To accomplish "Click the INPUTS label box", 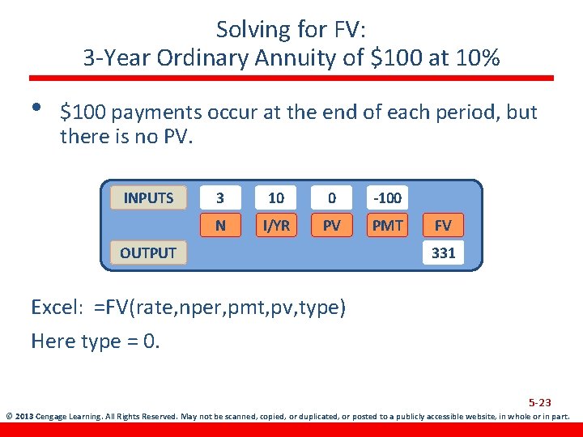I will tap(148, 197).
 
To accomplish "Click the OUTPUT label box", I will tap(148, 252).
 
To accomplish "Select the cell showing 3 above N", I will tap(221, 197).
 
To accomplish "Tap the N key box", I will tap(221, 225).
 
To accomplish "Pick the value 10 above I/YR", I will tap(276, 197).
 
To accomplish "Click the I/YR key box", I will tap(276, 225).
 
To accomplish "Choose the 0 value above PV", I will tap(331, 197).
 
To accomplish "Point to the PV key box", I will tap(331, 225).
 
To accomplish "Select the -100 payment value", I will tap(387, 197).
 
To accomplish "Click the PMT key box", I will tap(387, 225).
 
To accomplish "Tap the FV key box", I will tap(443, 225).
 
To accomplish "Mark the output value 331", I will tap(443, 252).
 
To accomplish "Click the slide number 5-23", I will tap(539, 402).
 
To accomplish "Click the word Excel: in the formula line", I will tap(58, 308).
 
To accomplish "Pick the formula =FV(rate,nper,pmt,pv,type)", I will tap(219, 308).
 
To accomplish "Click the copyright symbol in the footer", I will tap(8, 417).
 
